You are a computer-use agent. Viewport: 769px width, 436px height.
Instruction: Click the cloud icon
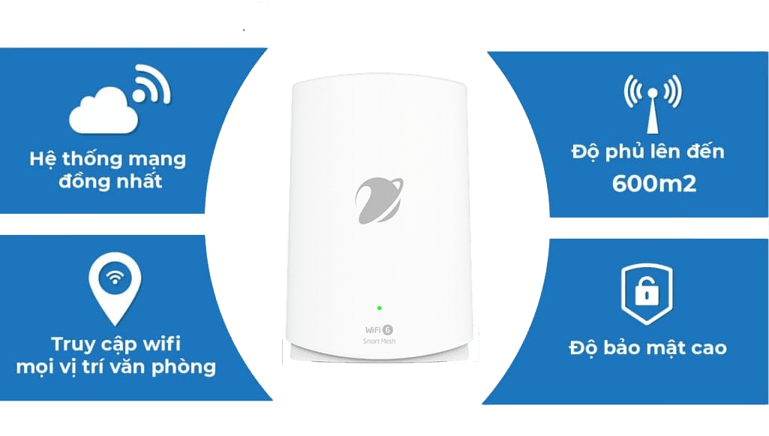tap(103, 112)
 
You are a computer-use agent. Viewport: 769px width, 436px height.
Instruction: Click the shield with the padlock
tap(647, 293)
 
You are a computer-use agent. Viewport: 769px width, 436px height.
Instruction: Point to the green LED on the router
tap(379, 308)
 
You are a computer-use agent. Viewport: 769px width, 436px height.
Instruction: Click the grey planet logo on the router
tap(379, 200)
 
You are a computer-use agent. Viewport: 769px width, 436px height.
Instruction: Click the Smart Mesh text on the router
tap(379, 341)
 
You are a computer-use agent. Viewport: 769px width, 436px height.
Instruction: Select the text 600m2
tap(654, 183)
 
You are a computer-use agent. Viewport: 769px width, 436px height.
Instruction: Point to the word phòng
tap(183, 367)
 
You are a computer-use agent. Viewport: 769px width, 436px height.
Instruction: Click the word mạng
tap(158, 160)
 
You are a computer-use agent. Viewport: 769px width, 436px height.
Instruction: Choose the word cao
tap(709, 348)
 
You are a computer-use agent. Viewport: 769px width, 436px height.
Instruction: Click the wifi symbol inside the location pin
tap(116, 278)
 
